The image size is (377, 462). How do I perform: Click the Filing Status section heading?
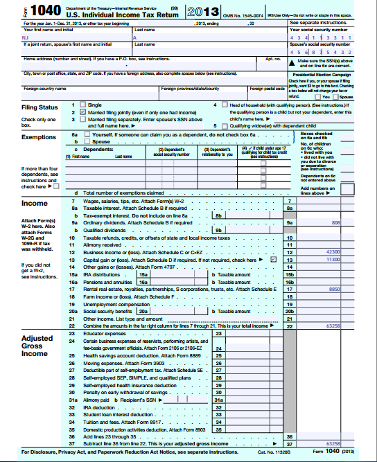pos(40,107)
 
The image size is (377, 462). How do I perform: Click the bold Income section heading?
pos(35,204)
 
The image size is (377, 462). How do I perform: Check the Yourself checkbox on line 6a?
pos(87,134)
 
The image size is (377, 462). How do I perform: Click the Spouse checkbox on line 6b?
pos(87,141)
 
